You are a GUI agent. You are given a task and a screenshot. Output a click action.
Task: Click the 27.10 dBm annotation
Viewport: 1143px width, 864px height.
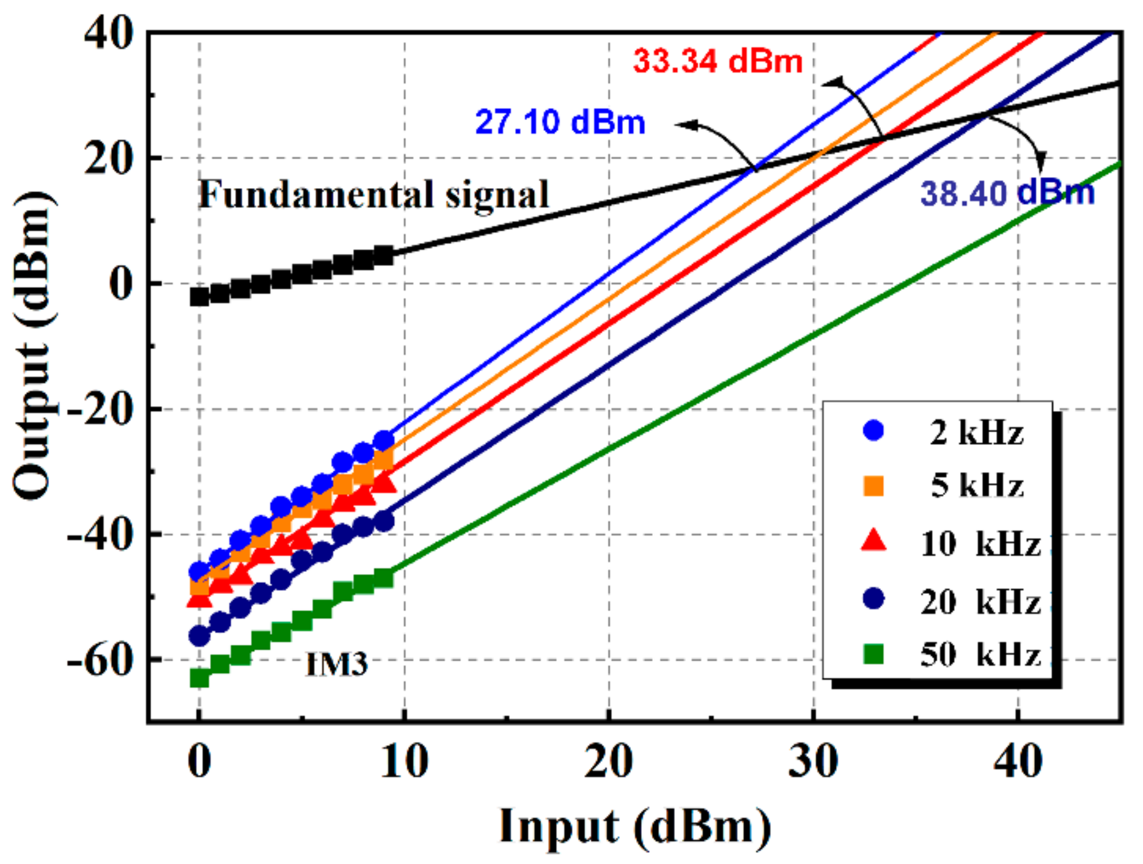pyautogui.click(x=559, y=122)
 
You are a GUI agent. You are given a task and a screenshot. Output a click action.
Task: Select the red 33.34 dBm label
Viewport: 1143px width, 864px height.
pyautogui.click(x=718, y=61)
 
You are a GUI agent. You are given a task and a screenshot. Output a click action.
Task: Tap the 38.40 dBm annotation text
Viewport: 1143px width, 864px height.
pyautogui.click(x=1007, y=193)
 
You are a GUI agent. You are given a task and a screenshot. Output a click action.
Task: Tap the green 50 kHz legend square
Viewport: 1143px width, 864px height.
pyautogui.click(x=873, y=654)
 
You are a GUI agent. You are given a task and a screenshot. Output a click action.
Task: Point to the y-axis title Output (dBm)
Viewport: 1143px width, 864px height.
pyautogui.click(x=33, y=346)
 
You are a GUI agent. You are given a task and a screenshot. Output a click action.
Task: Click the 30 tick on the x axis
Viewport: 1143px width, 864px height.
pyautogui.click(x=813, y=762)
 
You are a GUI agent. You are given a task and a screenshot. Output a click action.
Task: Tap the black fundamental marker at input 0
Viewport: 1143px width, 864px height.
pyautogui.click(x=199, y=297)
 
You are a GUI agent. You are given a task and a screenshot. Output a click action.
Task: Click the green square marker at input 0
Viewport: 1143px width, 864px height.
pyautogui.click(x=199, y=678)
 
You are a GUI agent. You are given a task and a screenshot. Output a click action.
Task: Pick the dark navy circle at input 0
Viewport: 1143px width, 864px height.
pyautogui.click(x=199, y=636)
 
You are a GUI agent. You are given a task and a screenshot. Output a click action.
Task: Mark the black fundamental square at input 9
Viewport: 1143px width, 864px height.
pyautogui.click(x=384, y=255)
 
